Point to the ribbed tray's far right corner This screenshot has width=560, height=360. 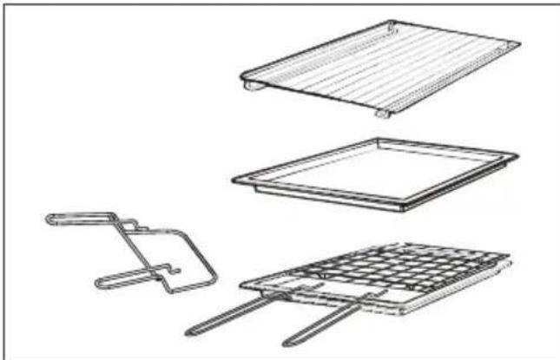point(518,43)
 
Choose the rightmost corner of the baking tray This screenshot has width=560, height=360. point(517,157)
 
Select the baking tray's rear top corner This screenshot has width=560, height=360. point(373,139)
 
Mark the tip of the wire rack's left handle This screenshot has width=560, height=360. point(189,333)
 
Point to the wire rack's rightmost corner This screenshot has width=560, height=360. point(510,256)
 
